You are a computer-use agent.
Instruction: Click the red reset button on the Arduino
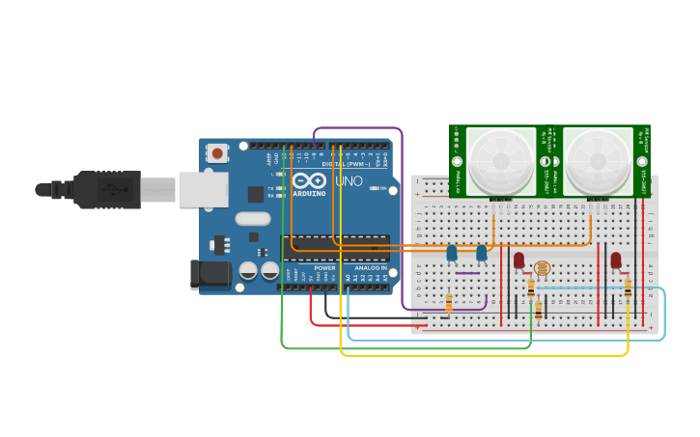(x=218, y=152)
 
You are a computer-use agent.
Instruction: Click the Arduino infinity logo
(x=310, y=181)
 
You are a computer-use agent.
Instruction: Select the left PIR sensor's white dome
(x=500, y=161)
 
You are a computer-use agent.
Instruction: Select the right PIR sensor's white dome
(x=597, y=161)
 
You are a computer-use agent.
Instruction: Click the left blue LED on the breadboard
(x=451, y=253)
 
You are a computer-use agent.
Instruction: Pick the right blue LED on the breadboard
(x=481, y=253)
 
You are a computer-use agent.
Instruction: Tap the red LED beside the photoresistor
(x=518, y=259)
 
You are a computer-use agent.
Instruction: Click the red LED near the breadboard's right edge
(x=615, y=259)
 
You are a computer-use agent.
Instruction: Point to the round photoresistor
(x=542, y=268)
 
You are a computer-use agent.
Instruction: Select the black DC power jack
(x=211, y=276)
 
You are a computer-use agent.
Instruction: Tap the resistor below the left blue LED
(x=449, y=304)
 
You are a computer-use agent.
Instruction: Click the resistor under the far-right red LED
(x=628, y=288)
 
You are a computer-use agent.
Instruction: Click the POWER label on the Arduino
(x=324, y=267)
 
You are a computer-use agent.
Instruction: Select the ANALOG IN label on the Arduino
(x=370, y=267)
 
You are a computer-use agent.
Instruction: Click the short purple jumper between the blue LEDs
(x=466, y=273)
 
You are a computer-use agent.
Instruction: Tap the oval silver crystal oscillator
(x=252, y=219)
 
